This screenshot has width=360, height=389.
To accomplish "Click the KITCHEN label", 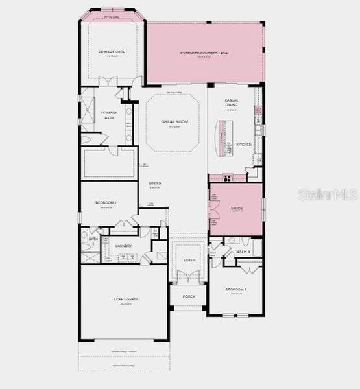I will click(243, 144).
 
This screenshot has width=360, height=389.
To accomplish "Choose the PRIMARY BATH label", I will click(110, 115).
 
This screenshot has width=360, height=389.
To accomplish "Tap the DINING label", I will click(155, 183).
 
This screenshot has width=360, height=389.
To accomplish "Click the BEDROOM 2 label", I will click(106, 203).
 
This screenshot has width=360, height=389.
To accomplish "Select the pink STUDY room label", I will click(235, 209).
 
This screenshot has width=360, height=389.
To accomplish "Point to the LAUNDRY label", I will click(123, 246).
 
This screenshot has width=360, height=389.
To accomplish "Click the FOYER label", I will click(189, 260).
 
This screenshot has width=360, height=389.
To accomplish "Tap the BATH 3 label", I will click(243, 251).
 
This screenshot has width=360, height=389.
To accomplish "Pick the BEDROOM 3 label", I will click(235, 289).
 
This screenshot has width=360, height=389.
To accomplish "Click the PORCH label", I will click(189, 296).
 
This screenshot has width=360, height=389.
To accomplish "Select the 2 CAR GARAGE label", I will click(126, 298).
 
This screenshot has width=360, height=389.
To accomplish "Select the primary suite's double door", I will click(108, 81).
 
